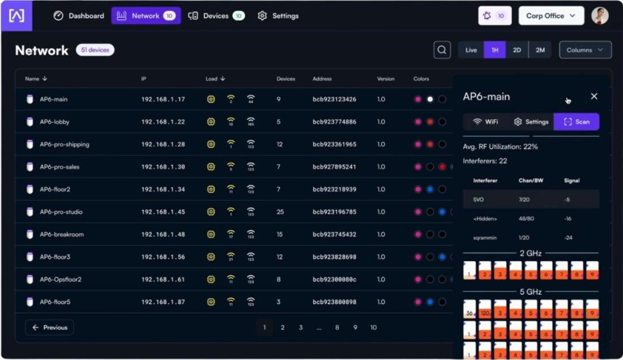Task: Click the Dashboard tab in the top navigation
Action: point(79,16)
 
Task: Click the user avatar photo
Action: point(600,16)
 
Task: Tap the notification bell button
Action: point(494,16)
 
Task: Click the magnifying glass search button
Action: point(442,50)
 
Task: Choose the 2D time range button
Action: point(517,50)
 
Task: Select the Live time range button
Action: point(471,50)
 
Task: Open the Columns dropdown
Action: point(585,50)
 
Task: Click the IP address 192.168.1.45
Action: point(163,212)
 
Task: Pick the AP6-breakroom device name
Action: point(61,234)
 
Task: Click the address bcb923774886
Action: point(334,122)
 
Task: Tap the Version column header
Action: point(386,79)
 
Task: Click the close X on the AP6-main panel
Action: point(594,96)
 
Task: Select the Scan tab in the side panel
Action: point(577,122)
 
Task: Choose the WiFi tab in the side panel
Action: point(485,122)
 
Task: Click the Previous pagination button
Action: point(49,327)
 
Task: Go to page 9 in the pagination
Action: point(355,327)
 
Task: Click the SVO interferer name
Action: point(478,199)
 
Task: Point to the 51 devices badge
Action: point(95,50)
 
